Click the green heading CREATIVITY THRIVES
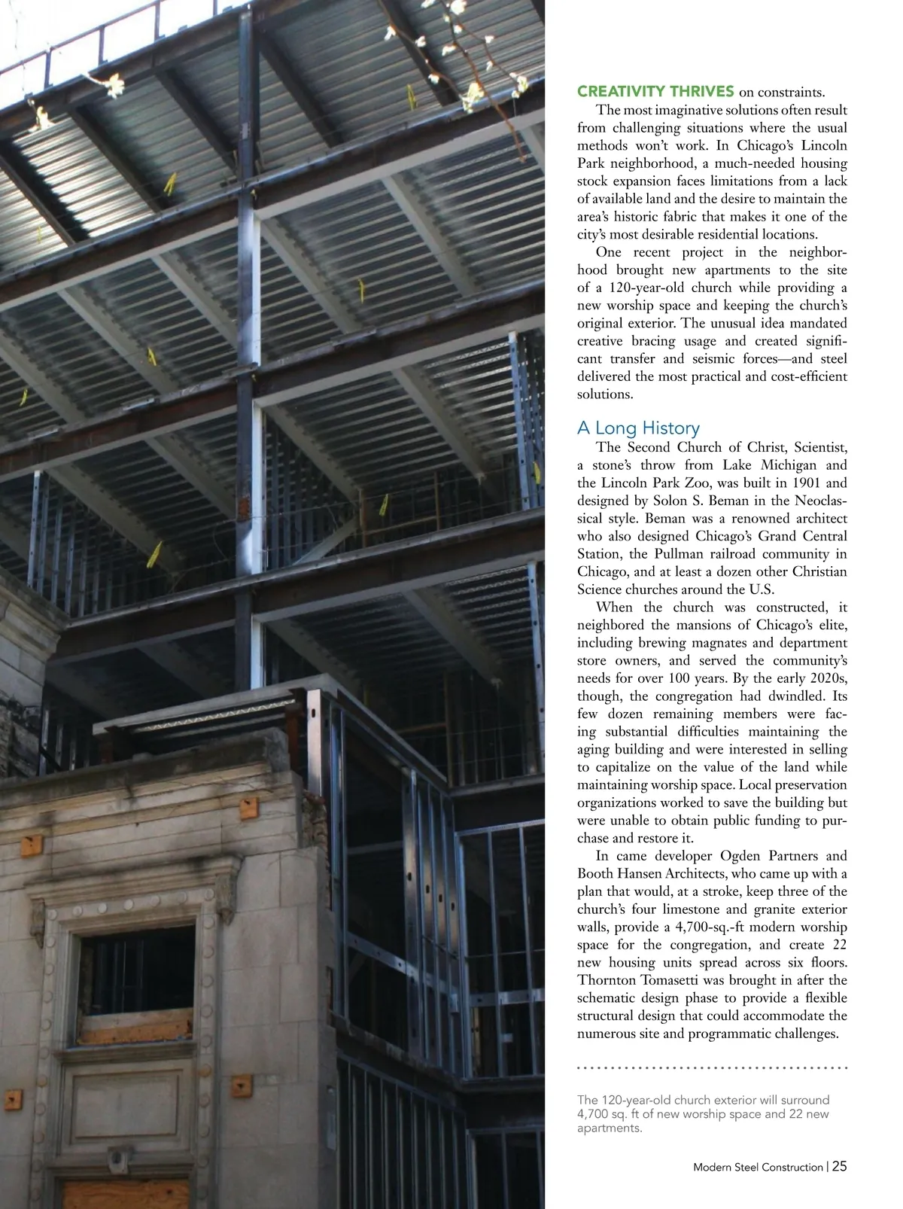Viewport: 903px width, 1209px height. click(655, 92)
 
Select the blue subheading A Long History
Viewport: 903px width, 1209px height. click(638, 428)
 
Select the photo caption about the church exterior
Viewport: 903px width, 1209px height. click(703, 1113)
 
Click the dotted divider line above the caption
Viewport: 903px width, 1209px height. click(712, 1067)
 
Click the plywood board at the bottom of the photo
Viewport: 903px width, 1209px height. click(125, 1192)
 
